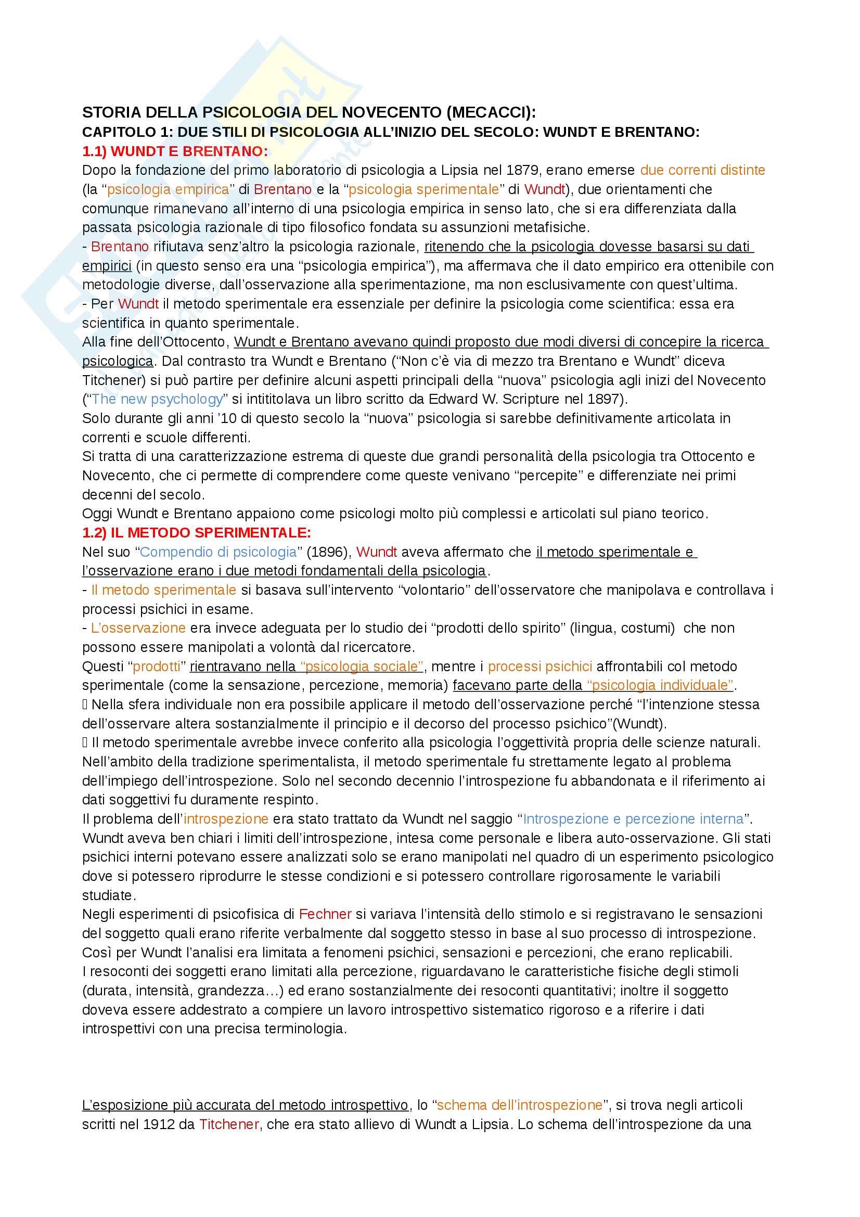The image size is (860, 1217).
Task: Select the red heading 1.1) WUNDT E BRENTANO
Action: tap(175, 151)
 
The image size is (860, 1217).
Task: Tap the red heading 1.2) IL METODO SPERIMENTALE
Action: tap(197, 533)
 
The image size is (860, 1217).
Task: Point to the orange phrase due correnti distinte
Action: tap(703, 170)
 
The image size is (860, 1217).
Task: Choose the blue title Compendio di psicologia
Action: tap(219, 552)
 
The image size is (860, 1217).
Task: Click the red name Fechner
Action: tap(325, 914)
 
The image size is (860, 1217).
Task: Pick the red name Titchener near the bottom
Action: tap(229, 1124)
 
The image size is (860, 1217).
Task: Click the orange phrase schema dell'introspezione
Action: tap(519, 1105)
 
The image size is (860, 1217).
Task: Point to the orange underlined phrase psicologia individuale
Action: tap(660, 685)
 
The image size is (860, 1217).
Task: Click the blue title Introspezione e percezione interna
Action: tap(633, 819)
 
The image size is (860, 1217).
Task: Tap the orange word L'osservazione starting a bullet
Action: tap(138, 628)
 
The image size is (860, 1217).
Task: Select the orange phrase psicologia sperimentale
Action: tap(424, 189)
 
